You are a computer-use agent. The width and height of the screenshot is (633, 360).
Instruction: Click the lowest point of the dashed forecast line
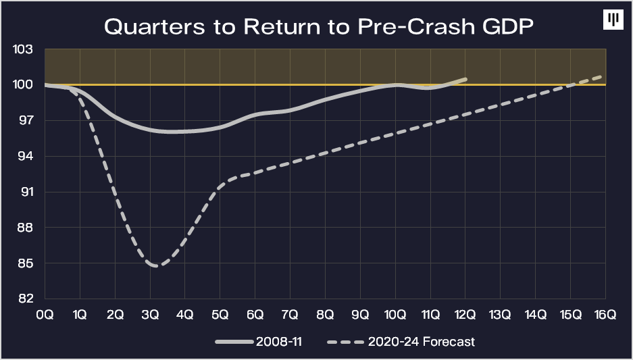click(x=157, y=266)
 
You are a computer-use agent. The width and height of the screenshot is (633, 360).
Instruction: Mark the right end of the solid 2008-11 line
click(x=465, y=79)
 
